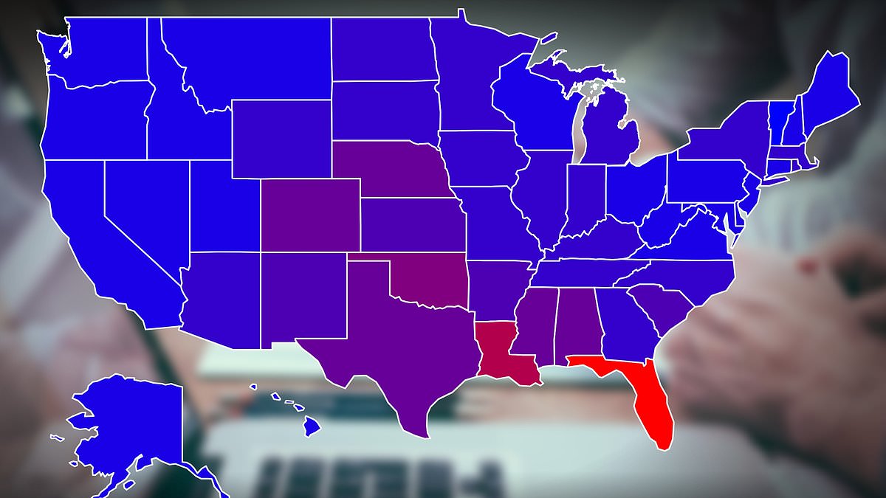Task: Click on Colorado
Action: click(x=310, y=214)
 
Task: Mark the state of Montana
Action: click(x=244, y=59)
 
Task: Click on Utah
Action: click(x=221, y=207)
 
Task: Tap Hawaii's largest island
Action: click(x=312, y=426)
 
